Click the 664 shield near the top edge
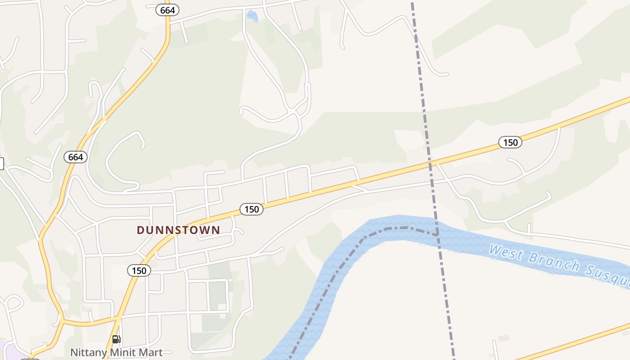167,10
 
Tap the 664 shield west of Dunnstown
76,157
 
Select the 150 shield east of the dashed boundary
510,143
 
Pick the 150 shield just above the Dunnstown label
251,209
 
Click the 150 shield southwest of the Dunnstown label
139,270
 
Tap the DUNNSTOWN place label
179,230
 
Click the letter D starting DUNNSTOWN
140,230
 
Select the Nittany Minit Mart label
116,352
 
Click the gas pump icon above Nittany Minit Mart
116,339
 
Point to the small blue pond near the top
252,16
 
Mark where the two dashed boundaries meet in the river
438,235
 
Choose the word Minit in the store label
119,352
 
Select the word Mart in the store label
150,352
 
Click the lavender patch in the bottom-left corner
5,349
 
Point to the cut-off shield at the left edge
1,164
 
